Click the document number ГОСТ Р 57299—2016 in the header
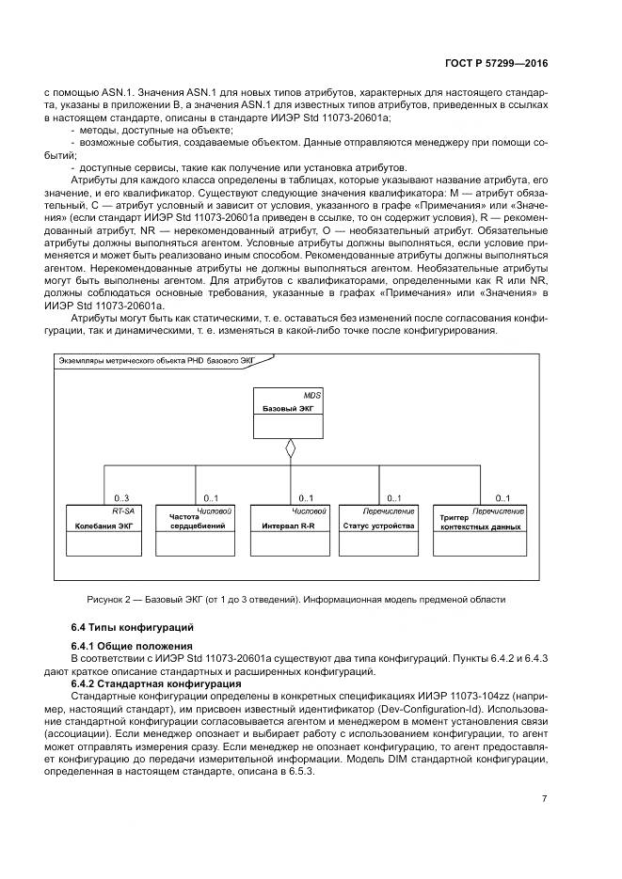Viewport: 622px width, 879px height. pos(497,63)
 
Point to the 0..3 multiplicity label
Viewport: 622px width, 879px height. pos(121,497)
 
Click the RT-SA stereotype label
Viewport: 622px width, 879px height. pos(123,510)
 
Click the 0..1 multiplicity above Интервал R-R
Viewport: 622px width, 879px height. pos(306,497)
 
